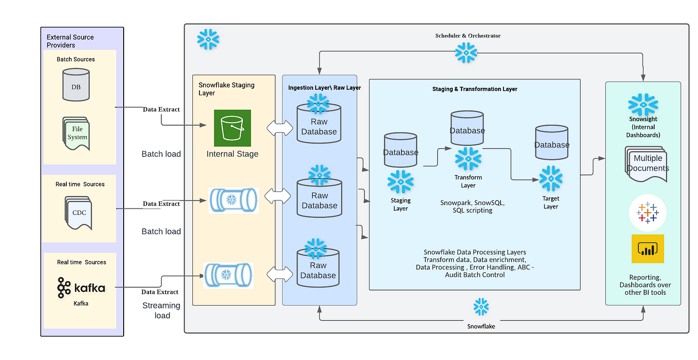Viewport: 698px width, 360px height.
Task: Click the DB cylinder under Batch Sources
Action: [x=76, y=85]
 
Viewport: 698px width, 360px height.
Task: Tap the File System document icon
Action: [x=76, y=134]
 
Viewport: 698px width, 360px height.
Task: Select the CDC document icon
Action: [x=78, y=213]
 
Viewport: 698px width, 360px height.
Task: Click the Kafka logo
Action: [x=81, y=287]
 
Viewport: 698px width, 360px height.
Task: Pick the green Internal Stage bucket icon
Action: [x=232, y=128]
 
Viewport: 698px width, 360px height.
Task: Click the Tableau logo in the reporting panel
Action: [x=648, y=213]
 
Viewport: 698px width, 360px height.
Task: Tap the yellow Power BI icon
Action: [x=648, y=249]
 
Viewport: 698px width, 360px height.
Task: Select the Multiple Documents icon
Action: [x=646, y=164]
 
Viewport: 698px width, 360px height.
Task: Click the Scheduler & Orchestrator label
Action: [x=468, y=35]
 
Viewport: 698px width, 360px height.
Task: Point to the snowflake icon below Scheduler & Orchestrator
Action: [x=466, y=53]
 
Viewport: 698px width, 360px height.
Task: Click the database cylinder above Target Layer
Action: [x=552, y=143]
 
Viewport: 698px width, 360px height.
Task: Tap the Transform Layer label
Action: [x=468, y=181]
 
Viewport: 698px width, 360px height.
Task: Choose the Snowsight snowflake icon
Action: [x=643, y=104]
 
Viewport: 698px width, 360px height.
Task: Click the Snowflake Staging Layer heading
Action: [x=226, y=89]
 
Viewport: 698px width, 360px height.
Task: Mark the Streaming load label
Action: [x=162, y=310]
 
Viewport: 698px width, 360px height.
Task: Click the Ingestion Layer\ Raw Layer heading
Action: [x=325, y=88]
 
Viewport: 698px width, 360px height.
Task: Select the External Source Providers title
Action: [x=70, y=41]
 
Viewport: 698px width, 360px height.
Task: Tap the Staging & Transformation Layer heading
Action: [x=475, y=89]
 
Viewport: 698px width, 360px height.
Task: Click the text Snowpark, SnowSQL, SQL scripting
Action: [x=473, y=206]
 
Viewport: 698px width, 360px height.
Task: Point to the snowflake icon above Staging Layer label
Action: [x=401, y=181]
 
